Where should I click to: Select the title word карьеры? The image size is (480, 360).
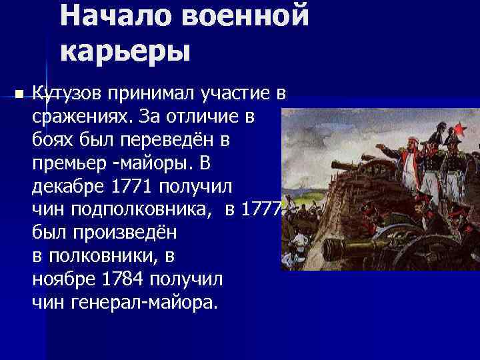(x=125, y=51)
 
